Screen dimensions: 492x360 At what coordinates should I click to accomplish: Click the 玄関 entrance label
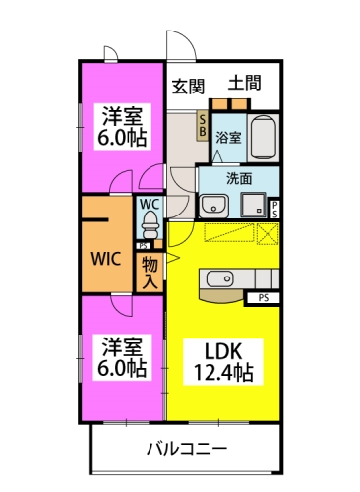tap(189, 86)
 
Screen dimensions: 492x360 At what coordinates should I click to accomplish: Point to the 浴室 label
tap(228, 138)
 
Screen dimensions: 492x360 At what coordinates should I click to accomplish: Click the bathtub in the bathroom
tap(264, 138)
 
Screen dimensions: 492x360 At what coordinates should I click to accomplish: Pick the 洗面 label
tap(240, 178)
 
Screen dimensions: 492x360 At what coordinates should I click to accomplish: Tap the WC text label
tap(150, 204)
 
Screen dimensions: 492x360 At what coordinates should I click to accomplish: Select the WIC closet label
tap(106, 260)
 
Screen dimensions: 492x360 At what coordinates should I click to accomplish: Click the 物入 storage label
tap(150, 273)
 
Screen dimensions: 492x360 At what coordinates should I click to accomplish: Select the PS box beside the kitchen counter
tap(263, 296)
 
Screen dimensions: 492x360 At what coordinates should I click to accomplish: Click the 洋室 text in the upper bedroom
tap(123, 115)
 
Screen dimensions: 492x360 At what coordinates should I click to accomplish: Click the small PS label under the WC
tap(145, 245)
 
